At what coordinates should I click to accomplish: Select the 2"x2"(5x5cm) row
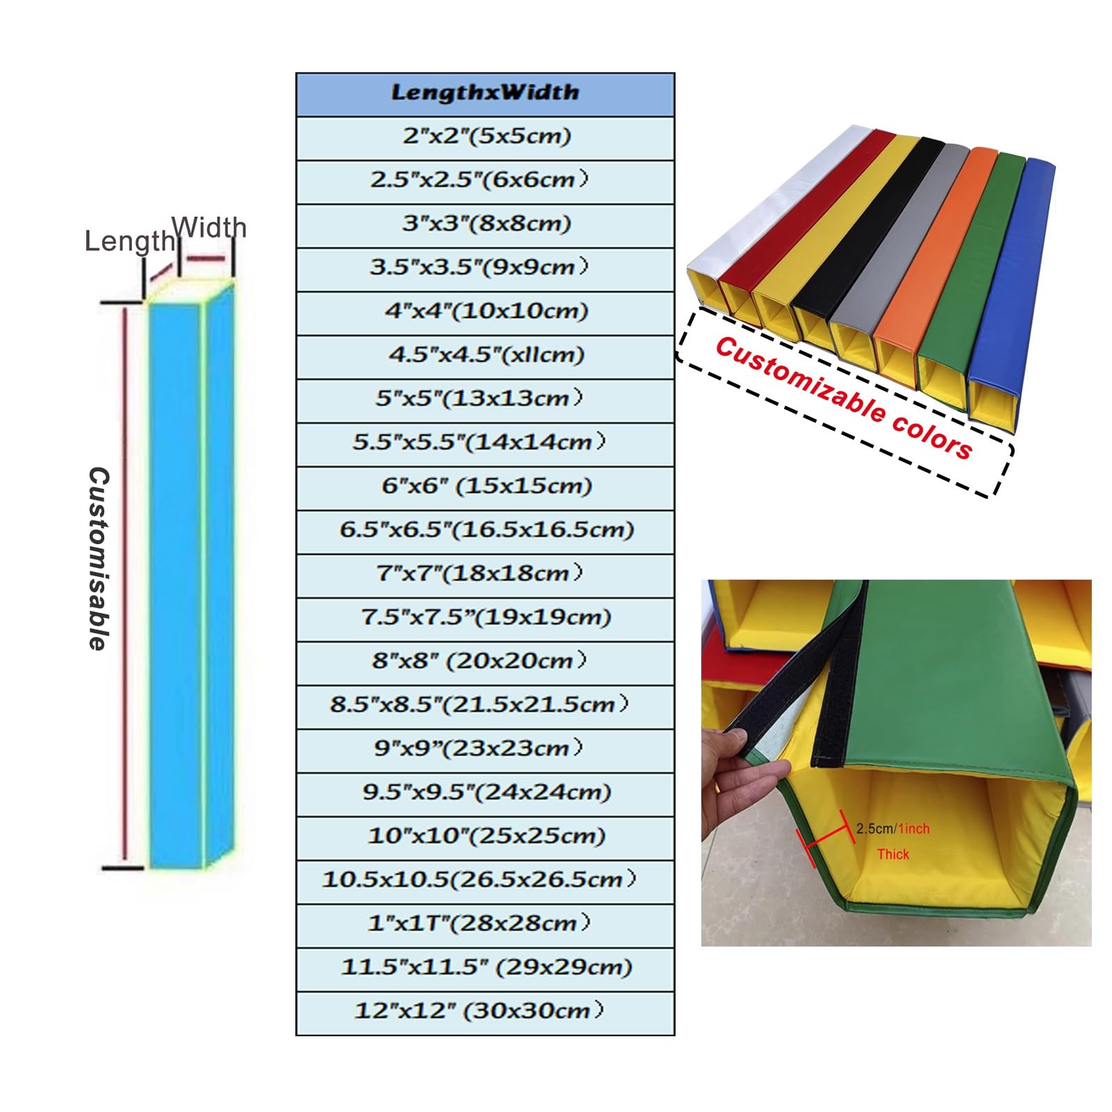click(x=485, y=138)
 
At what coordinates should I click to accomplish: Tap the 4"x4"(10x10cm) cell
click(x=485, y=313)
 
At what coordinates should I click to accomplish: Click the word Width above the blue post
click(x=208, y=227)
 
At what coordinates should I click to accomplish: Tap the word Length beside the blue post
click(x=130, y=242)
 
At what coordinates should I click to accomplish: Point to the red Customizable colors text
click(x=844, y=398)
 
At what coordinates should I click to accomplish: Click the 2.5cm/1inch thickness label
click(x=892, y=828)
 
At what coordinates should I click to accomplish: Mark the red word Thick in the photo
click(x=893, y=854)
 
